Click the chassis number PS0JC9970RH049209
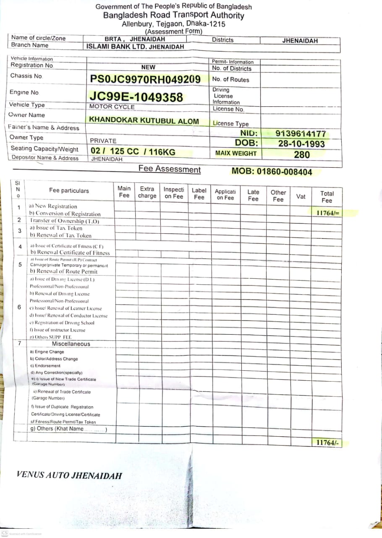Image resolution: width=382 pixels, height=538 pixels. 145,79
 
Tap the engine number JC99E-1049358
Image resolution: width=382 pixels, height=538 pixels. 136,97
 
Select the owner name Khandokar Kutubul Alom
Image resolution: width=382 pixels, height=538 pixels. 144,121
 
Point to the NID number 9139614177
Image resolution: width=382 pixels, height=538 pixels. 301,134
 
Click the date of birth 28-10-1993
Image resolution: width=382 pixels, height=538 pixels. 301,143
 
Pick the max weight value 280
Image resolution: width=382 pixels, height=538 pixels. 302,154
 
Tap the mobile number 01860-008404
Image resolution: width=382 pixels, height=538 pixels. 272,171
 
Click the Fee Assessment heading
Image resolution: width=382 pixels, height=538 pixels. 170,169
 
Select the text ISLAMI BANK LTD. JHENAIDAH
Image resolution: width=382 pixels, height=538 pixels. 135,47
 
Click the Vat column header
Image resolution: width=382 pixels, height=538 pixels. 301,196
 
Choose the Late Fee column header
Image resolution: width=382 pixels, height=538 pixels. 253,195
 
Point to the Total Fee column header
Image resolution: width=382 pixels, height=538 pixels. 327,197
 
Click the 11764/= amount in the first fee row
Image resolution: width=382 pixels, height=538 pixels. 328,213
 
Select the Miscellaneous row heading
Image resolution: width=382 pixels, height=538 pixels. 71,344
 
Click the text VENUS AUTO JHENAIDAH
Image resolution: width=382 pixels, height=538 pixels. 69,475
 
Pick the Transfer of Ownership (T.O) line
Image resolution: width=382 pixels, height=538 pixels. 65,221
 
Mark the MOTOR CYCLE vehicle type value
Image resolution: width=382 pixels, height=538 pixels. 112,107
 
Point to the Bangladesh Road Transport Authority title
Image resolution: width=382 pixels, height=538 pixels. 174,16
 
